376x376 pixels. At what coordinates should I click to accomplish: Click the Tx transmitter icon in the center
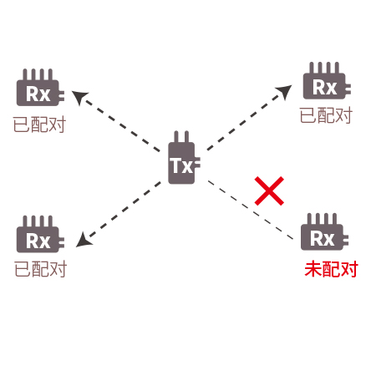[181, 161]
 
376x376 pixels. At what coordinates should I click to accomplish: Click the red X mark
[269, 191]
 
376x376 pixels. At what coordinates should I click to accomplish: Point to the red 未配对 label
[331, 269]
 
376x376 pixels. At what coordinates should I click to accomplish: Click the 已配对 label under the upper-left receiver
[39, 124]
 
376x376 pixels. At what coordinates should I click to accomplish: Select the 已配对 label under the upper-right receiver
[326, 115]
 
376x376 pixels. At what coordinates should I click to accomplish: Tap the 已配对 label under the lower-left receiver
[40, 269]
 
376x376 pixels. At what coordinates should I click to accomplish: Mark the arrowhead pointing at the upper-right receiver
[284, 91]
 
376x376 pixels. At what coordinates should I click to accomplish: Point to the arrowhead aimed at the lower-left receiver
[84, 240]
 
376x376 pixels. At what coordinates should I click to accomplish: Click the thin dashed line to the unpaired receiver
[251, 210]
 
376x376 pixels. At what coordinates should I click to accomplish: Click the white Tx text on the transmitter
[181, 165]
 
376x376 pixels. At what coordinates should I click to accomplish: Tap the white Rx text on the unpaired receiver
[323, 238]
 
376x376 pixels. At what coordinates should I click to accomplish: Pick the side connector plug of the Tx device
[197, 163]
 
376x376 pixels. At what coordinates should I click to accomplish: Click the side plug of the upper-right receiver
[348, 89]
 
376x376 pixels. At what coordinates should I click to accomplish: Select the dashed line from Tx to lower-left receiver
[119, 215]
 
